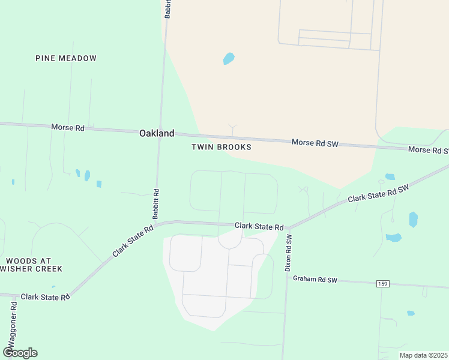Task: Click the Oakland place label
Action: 157,134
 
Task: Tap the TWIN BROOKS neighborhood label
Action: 221,147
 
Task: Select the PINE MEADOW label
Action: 66,58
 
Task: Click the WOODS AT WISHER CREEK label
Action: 28,265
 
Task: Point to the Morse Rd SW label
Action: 315,143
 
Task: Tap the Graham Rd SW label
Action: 315,280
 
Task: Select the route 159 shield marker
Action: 382,283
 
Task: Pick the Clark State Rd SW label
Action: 378,193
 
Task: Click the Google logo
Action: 20,353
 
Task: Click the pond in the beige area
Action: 229,58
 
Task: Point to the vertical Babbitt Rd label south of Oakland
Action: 155,204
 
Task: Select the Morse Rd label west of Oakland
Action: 68,127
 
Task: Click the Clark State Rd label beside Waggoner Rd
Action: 45,297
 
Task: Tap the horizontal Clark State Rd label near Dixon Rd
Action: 259,226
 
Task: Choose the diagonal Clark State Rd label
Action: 133,241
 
